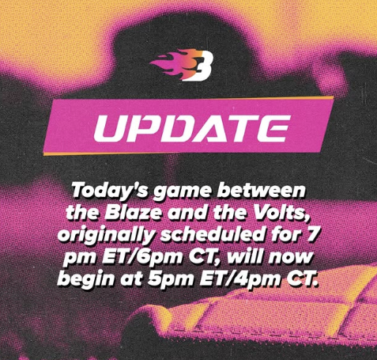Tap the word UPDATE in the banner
click(x=192, y=128)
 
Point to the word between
click(x=261, y=190)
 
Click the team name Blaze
click(x=133, y=212)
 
